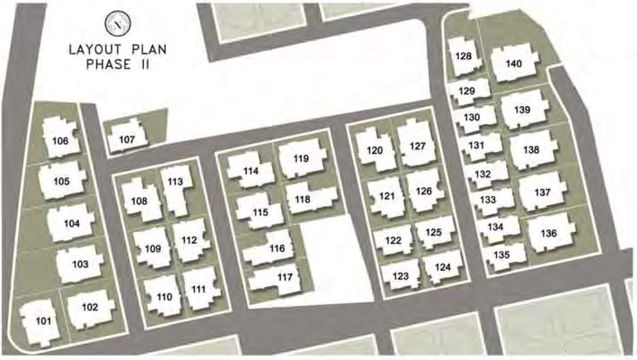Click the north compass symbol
[117, 25]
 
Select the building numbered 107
[127, 140]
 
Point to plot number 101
[43, 321]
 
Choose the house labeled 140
[514, 63]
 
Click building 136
[549, 233]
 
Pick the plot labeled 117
[285, 277]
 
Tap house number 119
[301, 159]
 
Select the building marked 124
[443, 267]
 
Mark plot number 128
[463, 56]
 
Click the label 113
[175, 182]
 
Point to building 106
[60, 141]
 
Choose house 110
[164, 297]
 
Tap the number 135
[502, 255]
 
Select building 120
[375, 151]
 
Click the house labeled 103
[80, 264]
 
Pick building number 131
[476, 145]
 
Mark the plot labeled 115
[260, 213]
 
